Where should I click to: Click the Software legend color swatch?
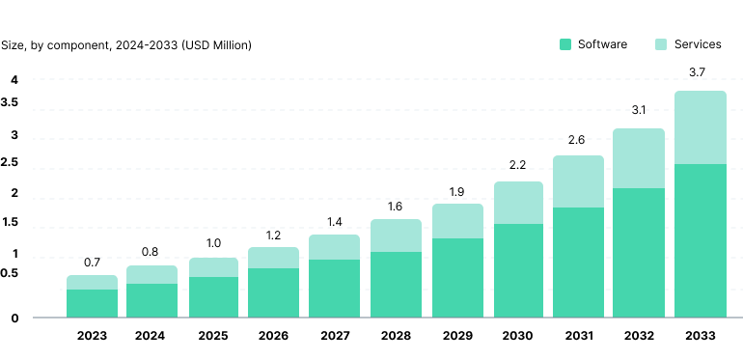pyautogui.click(x=565, y=44)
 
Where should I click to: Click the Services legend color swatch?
pyautogui.click(x=661, y=44)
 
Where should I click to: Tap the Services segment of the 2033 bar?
pyautogui.click(x=700, y=127)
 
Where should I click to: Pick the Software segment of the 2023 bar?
pyautogui.click(x=92, y=303)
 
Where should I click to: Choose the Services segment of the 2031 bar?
pyautogui.click(x=578, y=181)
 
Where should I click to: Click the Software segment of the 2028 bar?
pyautogui.click(x=396, y=284)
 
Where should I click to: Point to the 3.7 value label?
pyautogui.click(x=700, y=72)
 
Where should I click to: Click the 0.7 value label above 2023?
pyautogui.click(x=92, y=262)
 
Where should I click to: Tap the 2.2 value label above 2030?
pyautogui.click(x=517, y=165)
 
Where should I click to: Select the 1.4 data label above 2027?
pyautogui.click(x=334, y=222)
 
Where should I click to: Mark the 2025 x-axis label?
pyautogui.click(x=213, y=336)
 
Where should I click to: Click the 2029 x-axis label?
pyautogui.click(x=456, y=336)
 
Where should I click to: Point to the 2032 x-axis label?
pyautogui.click(x=639, y=336)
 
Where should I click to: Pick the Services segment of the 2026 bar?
pyautogui.click(x=273, y=258)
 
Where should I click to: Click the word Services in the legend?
pyautogui.click(x=698, y=44)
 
